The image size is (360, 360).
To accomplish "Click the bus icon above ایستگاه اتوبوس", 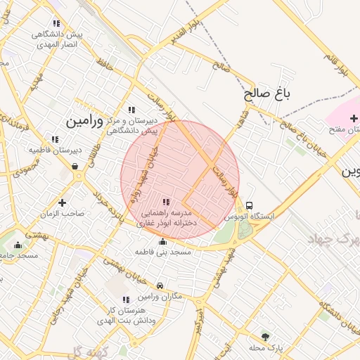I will pos(250,206).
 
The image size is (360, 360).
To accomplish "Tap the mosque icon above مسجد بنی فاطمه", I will pos(163,241).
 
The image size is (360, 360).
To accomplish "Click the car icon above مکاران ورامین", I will pos(161,285).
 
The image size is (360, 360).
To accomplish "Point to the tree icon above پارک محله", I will pos(265,336).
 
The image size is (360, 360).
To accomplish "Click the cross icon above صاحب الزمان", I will pos(63,202).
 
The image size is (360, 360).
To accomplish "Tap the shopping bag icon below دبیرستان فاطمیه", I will pos(75,167).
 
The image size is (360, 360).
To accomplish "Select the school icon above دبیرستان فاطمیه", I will pos(56,139).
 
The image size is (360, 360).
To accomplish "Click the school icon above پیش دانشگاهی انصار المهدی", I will pos(56,23).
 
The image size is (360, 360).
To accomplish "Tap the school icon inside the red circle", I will pos(167,202).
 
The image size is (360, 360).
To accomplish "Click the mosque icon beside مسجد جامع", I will pos(18,245).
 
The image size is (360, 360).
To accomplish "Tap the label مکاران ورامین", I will pos(161,297).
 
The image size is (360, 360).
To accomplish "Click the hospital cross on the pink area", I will pos(353,117).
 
